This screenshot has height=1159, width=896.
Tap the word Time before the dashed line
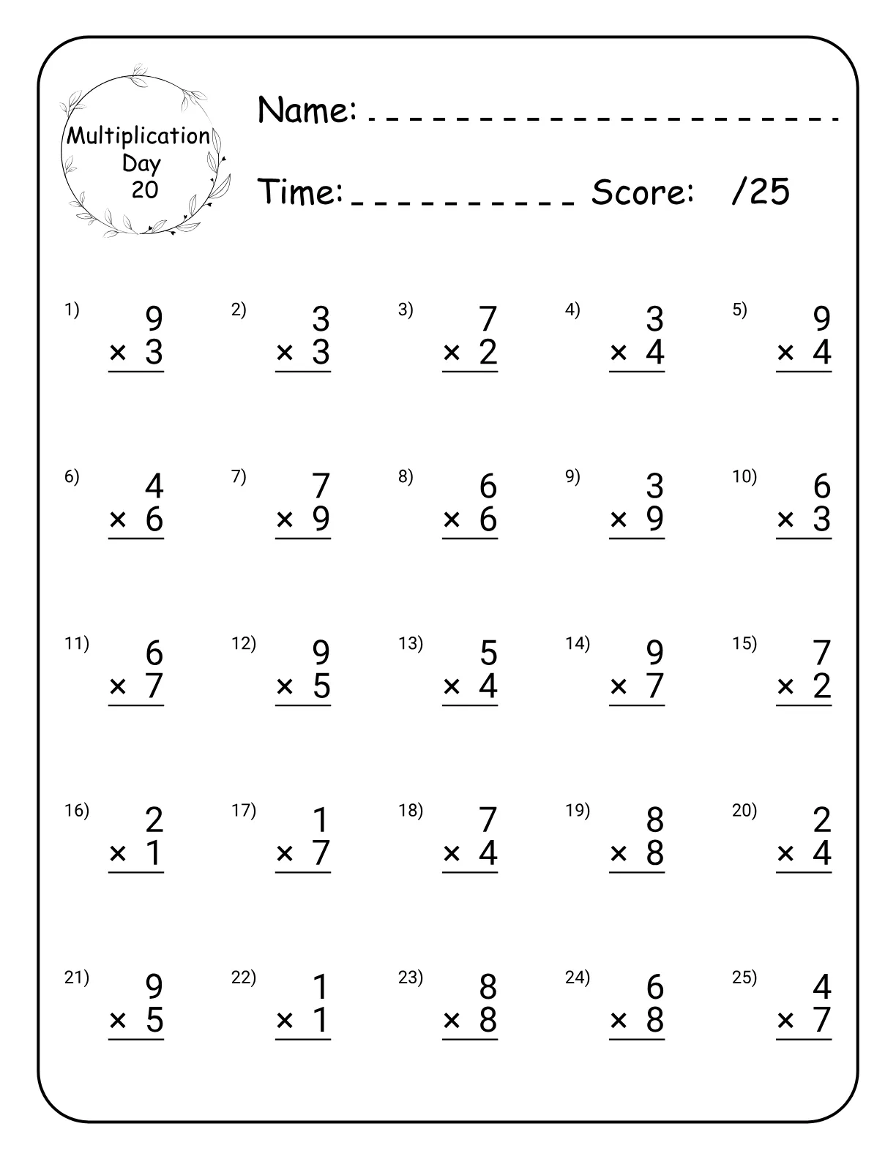click(x=301, y=192)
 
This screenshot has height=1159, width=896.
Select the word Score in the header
click(x=642, y=192)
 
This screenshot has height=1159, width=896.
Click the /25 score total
click(x=761, y=192)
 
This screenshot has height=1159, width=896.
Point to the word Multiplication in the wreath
click(x=138, y=136)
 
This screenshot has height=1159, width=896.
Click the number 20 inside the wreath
click(x=145, y=190)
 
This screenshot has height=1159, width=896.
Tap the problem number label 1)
click(x=71, y=310)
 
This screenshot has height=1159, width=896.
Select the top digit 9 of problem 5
click(x=822, y=319)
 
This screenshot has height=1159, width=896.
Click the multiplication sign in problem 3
click(x=452, y=353)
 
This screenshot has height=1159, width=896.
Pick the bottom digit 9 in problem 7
click(x=321, y=519)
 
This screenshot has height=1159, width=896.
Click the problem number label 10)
click(x=744, y=476)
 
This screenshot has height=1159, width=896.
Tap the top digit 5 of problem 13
click(x=488, y=653)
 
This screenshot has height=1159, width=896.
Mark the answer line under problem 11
click(x=136, y=705)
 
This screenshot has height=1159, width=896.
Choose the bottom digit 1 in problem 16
click(x=154, y=853)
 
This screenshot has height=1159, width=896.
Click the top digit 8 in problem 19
click(x=655, y=819)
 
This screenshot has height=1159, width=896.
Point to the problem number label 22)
click(x=244, y=977)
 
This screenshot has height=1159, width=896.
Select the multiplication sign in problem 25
click(x=785, y=1020)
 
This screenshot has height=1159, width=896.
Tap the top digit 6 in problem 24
click(x=655, y=987)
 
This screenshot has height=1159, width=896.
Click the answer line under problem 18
click(x=470, y=873)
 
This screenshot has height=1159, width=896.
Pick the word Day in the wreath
click(x=141, y=163)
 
